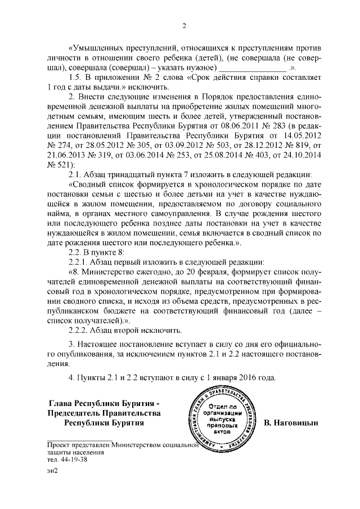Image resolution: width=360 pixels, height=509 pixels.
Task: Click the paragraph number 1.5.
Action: (75, 76)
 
